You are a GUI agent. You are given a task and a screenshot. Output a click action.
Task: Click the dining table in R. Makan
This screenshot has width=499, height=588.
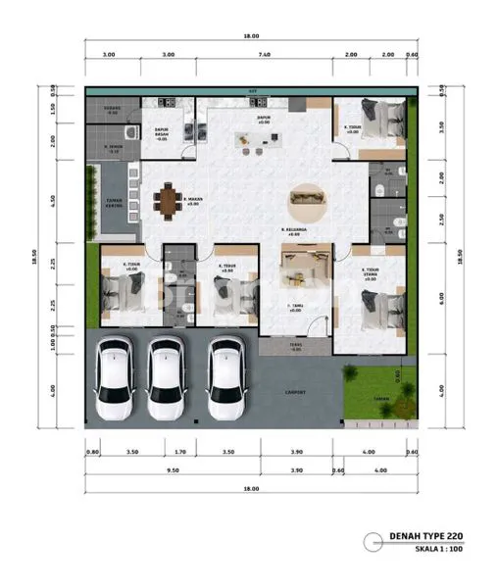pyautogui.click(x=169, y=204)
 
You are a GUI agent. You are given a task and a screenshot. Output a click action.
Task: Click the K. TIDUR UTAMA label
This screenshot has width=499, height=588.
pyautogui.click(x=370, y=274)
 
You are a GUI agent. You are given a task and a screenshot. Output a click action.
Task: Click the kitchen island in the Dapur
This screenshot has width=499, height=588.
pyautogui.click(x=255, y=140)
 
